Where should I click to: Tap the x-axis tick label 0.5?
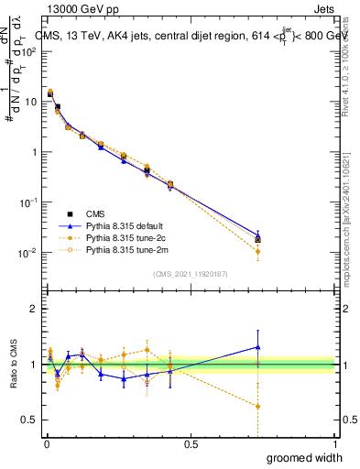191,444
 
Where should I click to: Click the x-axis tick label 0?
47,444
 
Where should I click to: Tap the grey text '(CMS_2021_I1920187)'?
191,273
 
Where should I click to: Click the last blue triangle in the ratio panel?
258,347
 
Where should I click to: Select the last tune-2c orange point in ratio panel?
258,406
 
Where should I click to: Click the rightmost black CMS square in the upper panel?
258,239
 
